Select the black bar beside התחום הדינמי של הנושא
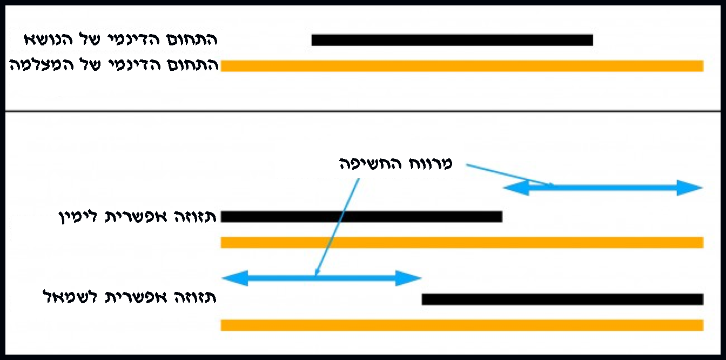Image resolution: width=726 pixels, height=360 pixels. coord(452,40)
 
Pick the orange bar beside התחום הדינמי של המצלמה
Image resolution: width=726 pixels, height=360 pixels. coord(462,66)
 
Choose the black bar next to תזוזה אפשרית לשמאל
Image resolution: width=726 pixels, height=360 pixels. coord(562,299)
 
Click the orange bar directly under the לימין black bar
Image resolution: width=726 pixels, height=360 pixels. coord(462,243)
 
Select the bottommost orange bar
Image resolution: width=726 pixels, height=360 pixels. coord(462,325)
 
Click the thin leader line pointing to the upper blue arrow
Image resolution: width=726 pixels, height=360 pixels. coord(508,175)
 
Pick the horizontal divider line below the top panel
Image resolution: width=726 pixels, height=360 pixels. coord(363,111)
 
